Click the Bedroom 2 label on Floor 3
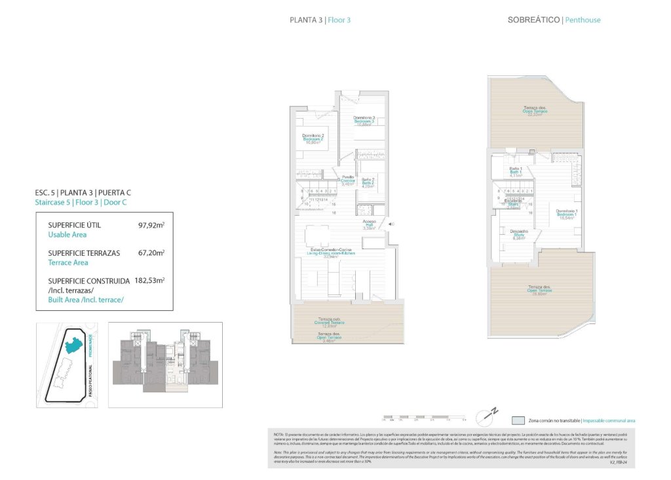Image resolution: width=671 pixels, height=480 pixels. [313, 138]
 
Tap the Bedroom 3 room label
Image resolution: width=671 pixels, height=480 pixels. [364, 121]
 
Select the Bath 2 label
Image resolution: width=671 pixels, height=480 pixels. [368, 182]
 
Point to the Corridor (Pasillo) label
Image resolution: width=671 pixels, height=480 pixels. [347, 180]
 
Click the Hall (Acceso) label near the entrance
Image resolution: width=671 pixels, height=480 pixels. [370, 225]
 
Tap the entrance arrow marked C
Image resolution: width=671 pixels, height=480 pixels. [391, 225]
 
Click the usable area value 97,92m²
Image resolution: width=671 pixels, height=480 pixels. [151, 226]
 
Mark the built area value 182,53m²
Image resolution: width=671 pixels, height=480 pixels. [151, 280]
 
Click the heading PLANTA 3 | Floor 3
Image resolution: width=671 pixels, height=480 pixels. [320, 20]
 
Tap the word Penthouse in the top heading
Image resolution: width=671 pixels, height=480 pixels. [583, 20]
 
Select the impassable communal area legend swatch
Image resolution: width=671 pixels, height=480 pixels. [518, 420]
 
